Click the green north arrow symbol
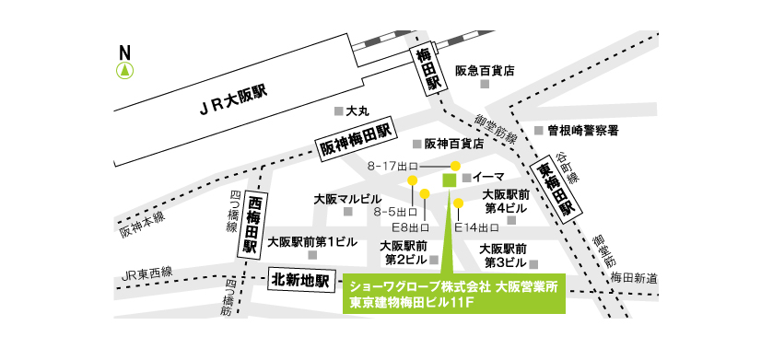[x=124, y=69]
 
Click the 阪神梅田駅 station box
[x=356, y=141]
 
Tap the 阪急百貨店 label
[x=485, y=70]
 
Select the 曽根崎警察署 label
[x=582, y=130]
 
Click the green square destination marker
[x=450, y=180]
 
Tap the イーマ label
[x=488, y=176]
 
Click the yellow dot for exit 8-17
[x=455, y=166]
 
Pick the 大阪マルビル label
[x=347, y=198]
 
